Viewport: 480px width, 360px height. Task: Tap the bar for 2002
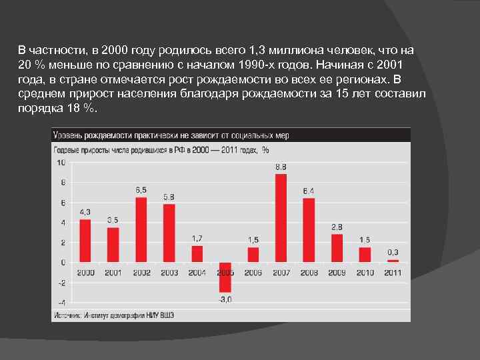coord(141,230)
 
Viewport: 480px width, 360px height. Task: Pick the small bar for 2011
coord(393,261)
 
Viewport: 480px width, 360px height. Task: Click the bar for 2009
coord(337,248)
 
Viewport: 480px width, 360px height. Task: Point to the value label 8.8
coord(281,166)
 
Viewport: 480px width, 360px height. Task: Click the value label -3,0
coord(225,299)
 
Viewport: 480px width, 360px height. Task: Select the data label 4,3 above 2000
coord(85,212)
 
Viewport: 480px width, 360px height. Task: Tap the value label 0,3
coord(393,252)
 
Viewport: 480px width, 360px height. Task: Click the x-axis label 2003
coord(169,273)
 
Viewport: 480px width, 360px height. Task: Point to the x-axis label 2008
coord(309,273)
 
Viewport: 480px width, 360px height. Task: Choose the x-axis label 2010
coord(365,273)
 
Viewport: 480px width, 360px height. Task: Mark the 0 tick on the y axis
coord(63,262)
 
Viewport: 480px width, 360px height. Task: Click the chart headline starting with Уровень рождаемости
coord(171,135)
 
